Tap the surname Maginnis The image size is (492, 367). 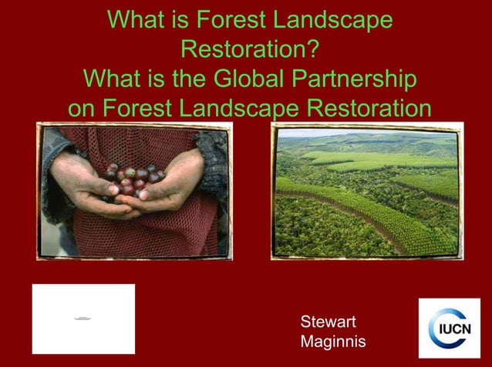click(x=333, y=341)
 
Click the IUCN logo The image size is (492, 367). click(x=449, y=328)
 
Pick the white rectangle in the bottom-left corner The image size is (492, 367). click(x=83, y=319)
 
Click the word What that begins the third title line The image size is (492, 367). click(x=113, y=79)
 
